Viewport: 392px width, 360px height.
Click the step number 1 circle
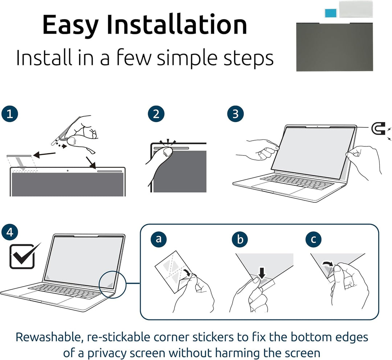10,114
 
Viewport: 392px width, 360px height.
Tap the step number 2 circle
156,114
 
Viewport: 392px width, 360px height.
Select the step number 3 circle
236,114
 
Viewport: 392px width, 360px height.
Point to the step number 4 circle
10,232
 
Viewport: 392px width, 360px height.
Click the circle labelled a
159,239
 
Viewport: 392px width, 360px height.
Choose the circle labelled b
240,239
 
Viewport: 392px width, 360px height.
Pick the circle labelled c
314,239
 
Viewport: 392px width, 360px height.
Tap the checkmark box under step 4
23,256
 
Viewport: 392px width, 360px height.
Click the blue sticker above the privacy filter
331,13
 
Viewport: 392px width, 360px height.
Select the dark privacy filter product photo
335,47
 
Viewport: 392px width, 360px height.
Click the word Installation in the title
177,24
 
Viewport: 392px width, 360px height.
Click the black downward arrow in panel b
262,273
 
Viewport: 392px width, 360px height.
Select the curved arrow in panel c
327,263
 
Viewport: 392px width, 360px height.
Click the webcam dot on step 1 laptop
68,171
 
